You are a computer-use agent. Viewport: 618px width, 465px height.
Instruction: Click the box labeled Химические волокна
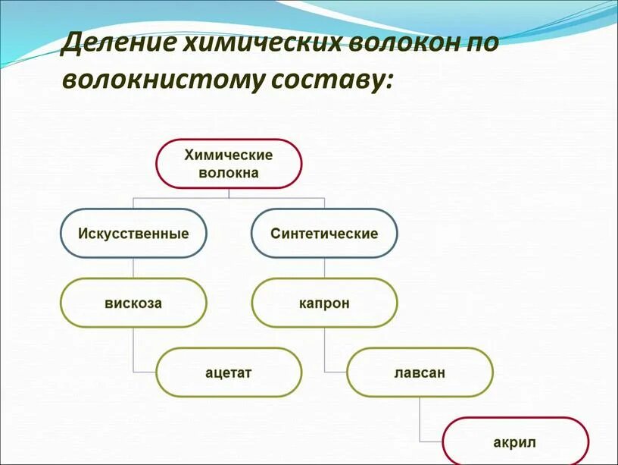229,163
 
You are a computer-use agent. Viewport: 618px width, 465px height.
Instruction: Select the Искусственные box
133,233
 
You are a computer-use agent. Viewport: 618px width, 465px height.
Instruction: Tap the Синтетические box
324,233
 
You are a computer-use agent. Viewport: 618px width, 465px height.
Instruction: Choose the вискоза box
133,303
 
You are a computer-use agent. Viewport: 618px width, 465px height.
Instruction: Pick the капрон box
324,303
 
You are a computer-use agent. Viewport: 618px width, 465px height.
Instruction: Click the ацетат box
229,372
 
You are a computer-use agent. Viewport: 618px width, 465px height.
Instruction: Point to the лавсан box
420,372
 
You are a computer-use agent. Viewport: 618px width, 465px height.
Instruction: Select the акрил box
515,441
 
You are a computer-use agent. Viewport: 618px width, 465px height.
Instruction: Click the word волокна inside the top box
229,173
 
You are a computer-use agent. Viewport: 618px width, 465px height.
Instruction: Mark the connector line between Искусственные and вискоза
133,268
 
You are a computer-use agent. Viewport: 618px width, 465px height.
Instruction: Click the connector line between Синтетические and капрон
324,268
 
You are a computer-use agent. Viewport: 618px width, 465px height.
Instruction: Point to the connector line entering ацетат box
144,372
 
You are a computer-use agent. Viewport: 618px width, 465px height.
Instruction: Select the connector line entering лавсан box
335,372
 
